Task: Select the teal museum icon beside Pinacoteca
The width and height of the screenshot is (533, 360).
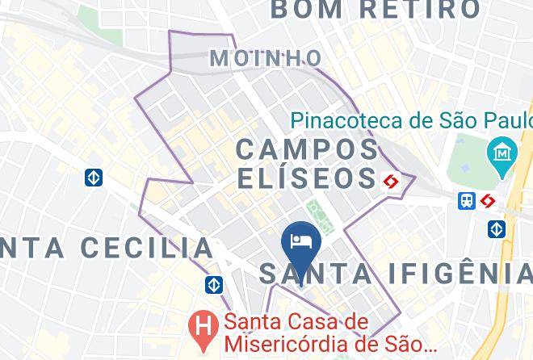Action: (x=502, y=152)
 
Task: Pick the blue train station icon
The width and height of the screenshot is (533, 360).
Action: (x=467, y=201)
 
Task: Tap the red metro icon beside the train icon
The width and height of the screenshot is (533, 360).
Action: (x=488, y=201)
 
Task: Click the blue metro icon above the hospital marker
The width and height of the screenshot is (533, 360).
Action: (x=214, y=285)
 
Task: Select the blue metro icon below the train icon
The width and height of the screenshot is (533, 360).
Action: (x=497, y=228)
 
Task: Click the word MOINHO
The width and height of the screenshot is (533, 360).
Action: (x=265, y=58)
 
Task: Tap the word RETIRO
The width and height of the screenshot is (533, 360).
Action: (x=421, y=10)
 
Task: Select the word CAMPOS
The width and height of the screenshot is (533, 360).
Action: (x=307, y=149)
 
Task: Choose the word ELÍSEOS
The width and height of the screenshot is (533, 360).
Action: (x=307, y=178)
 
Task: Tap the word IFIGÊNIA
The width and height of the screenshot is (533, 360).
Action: (x=459, y=274)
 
